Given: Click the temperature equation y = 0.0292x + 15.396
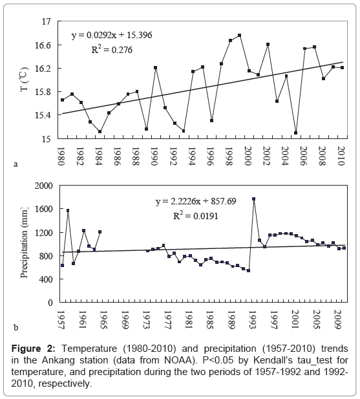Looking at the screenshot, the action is [112, 35].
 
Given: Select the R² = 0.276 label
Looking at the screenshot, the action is [112, 49].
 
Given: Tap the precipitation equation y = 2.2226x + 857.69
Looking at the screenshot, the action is [196, 201].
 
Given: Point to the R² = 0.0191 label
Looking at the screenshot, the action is [195, 216].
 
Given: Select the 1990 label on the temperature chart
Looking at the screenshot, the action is [154, 156].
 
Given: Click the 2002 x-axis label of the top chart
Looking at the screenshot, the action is [266, 156].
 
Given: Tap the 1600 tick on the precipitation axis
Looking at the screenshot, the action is [43, 209].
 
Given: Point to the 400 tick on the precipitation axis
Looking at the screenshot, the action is [46, 279].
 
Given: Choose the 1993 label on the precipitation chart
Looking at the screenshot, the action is [253, 319].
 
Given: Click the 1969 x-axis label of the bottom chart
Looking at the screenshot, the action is [125, 319].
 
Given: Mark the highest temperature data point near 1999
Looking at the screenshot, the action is [240, 35].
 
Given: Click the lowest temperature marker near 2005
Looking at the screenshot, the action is [295, 133].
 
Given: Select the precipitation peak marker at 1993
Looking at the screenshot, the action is [254, 199].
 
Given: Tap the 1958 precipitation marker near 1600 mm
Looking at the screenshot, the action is [68, 210].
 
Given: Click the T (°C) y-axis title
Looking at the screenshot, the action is [25, 79].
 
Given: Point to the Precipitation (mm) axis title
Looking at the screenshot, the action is [24, 243].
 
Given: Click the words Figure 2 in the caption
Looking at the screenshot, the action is [33, 349].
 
